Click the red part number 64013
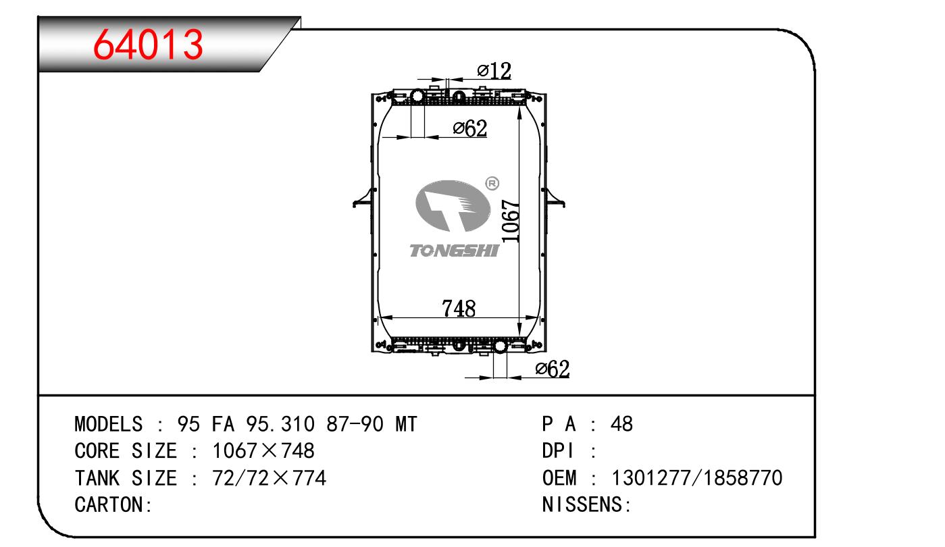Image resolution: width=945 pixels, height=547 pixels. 148,45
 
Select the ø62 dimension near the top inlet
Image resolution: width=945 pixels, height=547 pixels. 470,128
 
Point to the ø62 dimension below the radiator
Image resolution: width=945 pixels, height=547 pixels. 553,369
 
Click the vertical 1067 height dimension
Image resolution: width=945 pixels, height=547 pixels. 511,221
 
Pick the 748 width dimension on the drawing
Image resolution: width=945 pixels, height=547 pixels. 459,309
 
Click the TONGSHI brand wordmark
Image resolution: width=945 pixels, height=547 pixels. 455,251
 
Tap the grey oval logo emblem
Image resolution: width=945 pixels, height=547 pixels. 453,206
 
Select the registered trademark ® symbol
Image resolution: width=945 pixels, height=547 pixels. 492,184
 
